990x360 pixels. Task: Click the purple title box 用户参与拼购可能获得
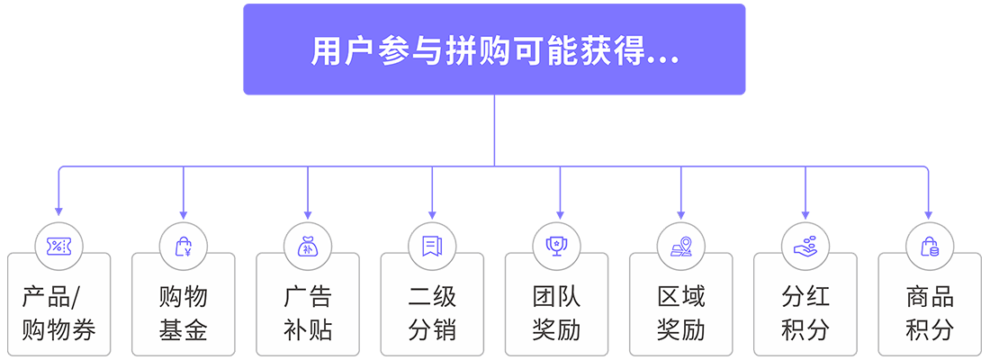click(x=494, y=49)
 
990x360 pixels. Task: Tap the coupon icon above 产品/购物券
click(x=58, y=245)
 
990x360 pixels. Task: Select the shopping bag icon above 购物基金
click(x=184, y=245)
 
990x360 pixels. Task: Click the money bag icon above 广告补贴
click(x=308, y=245)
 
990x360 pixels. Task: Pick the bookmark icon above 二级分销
click(x=432, y=245)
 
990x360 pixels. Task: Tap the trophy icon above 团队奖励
click(x=556, y=245)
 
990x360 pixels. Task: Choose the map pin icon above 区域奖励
click(x=680, y=245)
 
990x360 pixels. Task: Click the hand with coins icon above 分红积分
click(x=805, y=245)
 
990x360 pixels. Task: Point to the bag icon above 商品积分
click(x=929, y=245)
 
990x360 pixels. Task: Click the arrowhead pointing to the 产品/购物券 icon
click(x=58, y=211)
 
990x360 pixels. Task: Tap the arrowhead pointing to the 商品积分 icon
click(x=929, y=211)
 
